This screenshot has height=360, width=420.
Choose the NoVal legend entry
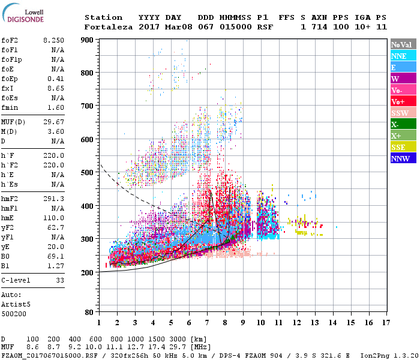[403, 44]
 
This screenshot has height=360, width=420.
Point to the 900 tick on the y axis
[88, 40]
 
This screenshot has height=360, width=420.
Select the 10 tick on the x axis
[260, 323]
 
